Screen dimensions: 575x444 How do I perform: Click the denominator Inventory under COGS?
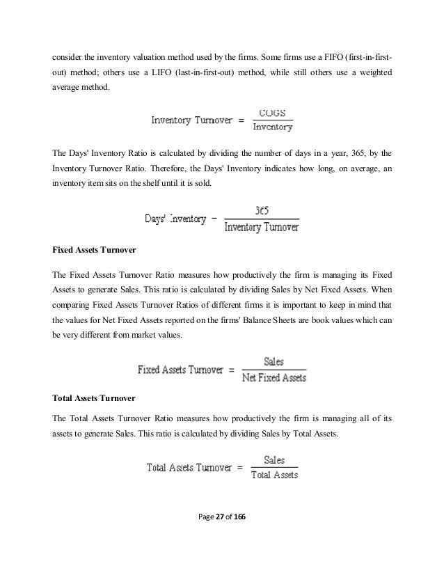(273, 127)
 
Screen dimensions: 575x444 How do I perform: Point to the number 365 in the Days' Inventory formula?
(263, 209)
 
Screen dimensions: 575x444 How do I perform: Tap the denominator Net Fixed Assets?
(273, 378)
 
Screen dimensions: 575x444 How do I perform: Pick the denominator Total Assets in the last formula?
(274, 475)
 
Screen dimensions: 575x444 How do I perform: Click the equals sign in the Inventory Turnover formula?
(241, 120)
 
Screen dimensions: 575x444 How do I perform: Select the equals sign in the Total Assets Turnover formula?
(239, 468)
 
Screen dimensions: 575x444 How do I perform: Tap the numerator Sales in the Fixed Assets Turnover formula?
(273, 362)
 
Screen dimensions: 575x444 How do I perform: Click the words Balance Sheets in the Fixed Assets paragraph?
(283, 322)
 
